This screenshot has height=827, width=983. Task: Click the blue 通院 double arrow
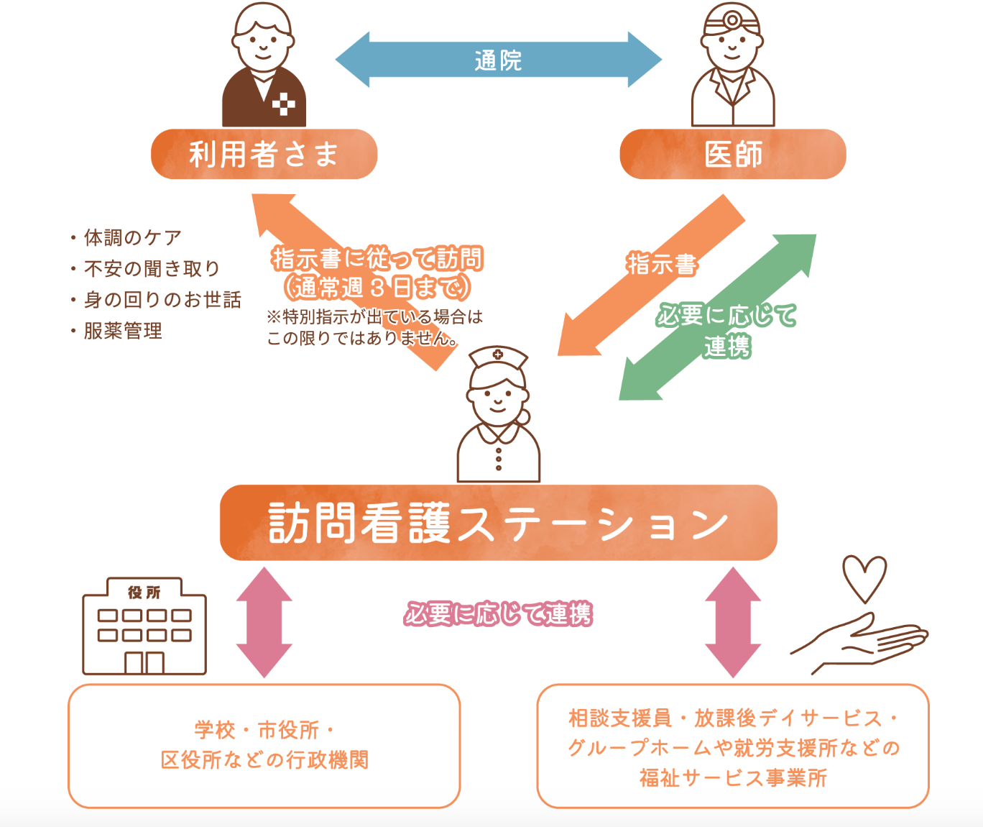pyautogui.click(x=498, y=60)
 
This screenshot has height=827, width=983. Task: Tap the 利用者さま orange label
pyautogui.click(x=264, y=154)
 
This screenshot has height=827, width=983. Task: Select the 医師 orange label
pyautogui.click(x=732, y=154)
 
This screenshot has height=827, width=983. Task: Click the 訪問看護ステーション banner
pyautogui.click(x=498, y=523)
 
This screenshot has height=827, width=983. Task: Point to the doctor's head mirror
pyautogui.click(x=732, y=20)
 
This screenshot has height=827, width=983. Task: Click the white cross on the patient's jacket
pyautogui.click(x=284, y=104)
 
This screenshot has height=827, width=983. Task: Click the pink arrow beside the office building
pyautogui.click(x=264, y=622)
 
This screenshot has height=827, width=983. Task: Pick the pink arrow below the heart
pyautogui.click(x=732, y=622)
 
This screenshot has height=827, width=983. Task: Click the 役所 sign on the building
pyautogui.click(x=144, y=593)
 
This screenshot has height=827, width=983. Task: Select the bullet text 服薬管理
pyautogui.click(x=123, y=331)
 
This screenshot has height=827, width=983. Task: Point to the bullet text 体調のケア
pyautogui.click(x=132, y=237)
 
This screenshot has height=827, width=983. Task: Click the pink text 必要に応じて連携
pyautogui.click(x=498, y=614)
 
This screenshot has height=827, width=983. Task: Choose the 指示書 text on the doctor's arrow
pyautogui.click(x=661, y=265)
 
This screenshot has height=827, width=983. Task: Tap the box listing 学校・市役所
pyautogui.click(x=264, y=746)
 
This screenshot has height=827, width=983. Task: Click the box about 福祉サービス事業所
pyautogui.click(x=732, y=747)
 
